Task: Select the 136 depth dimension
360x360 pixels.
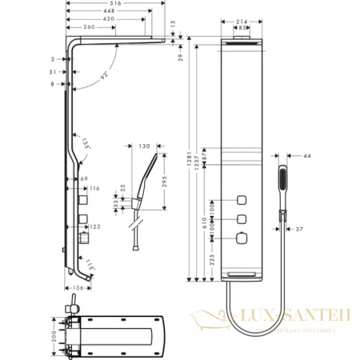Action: pyautogui.click(x=78, y=287)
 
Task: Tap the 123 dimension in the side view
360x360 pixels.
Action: pyautogui.click(x=94, y=227)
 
